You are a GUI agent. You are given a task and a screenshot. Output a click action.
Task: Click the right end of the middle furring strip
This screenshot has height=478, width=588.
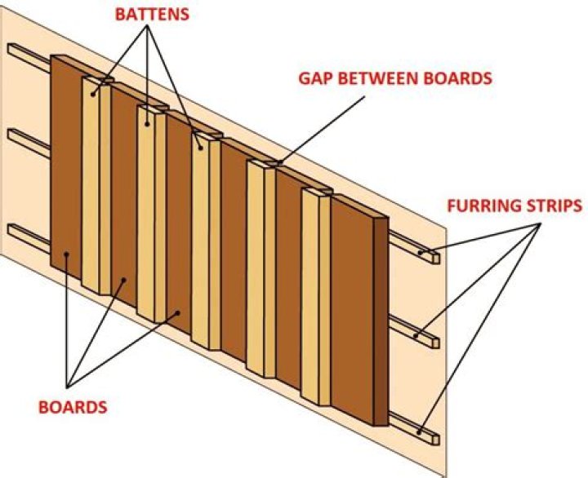[433, 337]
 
